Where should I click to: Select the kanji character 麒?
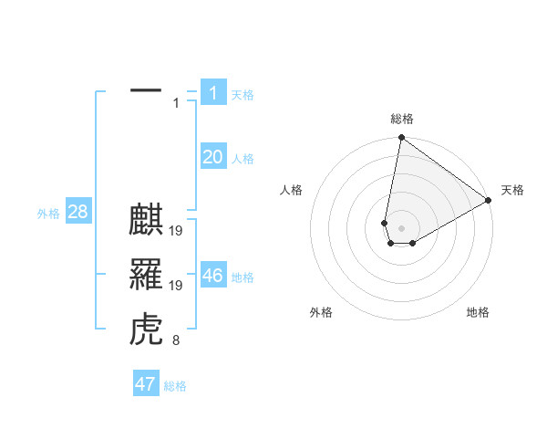pyautogui.click(x=146, y=223)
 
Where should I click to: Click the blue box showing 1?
pyautogui.click(x=212, y=93)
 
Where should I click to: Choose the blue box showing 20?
pyautogui.click(x=212, y=157)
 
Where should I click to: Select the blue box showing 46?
pyautogui.click(x=212, y=276)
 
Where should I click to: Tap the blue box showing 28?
pyautogui.click(x=77, y=213)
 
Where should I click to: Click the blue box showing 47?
pyautogui.click(x=145, y=384)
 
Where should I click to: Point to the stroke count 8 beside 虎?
pyautogui.click(x=175, y=341)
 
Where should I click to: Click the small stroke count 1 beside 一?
pyautogui.click(x=176, y=103)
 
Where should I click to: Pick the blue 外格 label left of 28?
pyautogui.click(x=48, y=214)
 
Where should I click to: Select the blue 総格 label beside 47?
pyautogui.click(x=175, y=386)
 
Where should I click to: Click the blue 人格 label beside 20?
pyautogui.click(x=243, y=159)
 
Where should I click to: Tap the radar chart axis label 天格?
pyautogui.click(x=512, y=190)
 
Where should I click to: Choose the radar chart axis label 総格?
pyautogui.click(x=402, y=119)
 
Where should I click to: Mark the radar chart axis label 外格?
pyautogui.click(x=321, y=312)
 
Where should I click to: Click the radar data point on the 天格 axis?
pyautogui.click(x=489, y=201)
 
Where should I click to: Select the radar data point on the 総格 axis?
pyautogui.click(x=401, y=138)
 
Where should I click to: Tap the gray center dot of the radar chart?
pyautogui.click(x=401, y=226)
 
